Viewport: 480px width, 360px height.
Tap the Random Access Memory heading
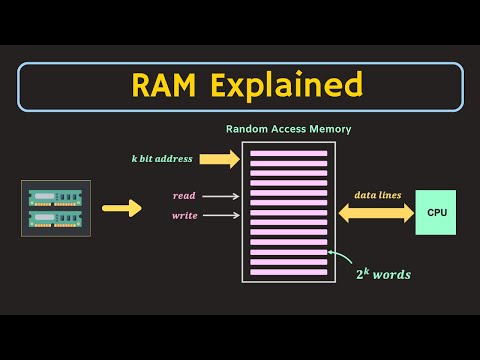tap(289, 129)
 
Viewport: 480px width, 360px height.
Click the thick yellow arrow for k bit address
tap(220, 158)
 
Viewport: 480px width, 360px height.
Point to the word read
tap(185, 196)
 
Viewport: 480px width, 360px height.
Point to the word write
tap(185, 214)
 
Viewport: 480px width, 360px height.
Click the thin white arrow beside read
tap(222, 196)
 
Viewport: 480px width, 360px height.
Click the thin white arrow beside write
tap(222, 214)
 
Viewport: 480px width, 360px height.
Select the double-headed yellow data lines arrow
tap(377, 212)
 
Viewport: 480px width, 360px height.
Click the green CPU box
tap(436, 212)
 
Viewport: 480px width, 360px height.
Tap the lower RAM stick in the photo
tap(56, 218)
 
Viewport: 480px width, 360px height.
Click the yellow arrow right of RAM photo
tap(122, 209)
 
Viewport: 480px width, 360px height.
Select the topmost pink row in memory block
tap(289, 154)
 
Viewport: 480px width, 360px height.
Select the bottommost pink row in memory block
tap(289, 273)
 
